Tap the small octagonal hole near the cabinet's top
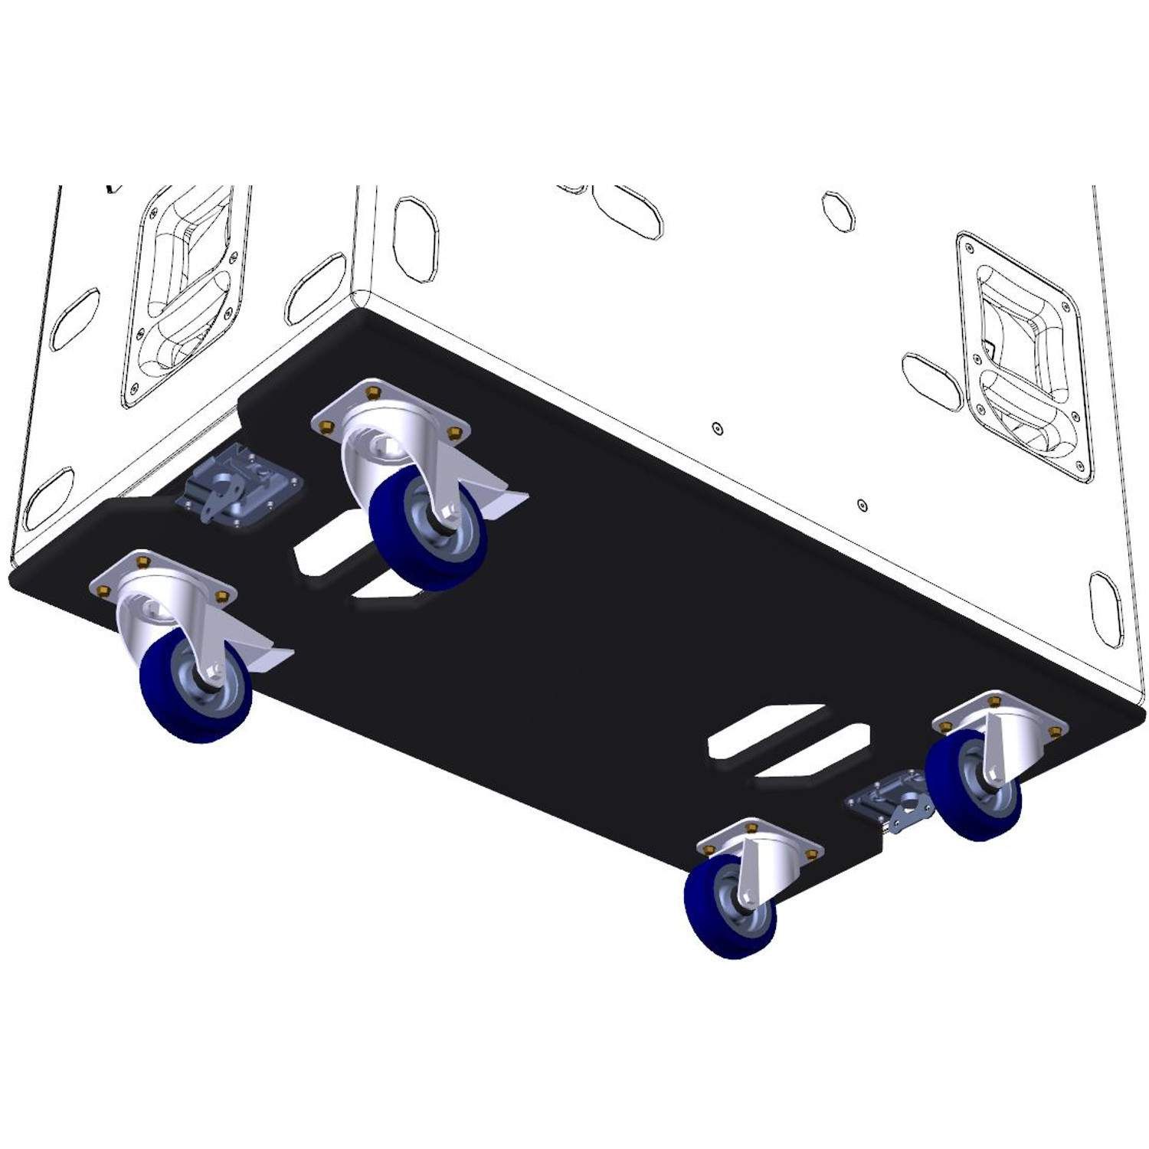click(x=838, y=210)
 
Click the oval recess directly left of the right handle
click(x=931, y=379)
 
